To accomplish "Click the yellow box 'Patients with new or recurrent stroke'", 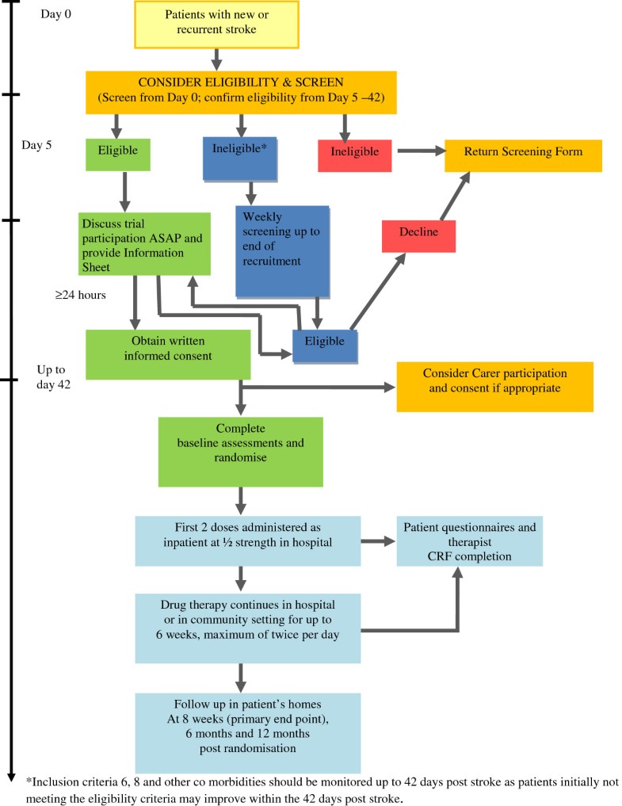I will (216, 22).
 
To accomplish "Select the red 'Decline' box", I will (418, 232).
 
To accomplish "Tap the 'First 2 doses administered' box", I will (247, 537).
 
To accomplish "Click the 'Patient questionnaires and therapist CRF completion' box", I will (469, 541).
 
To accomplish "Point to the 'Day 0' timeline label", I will (55, 13).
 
